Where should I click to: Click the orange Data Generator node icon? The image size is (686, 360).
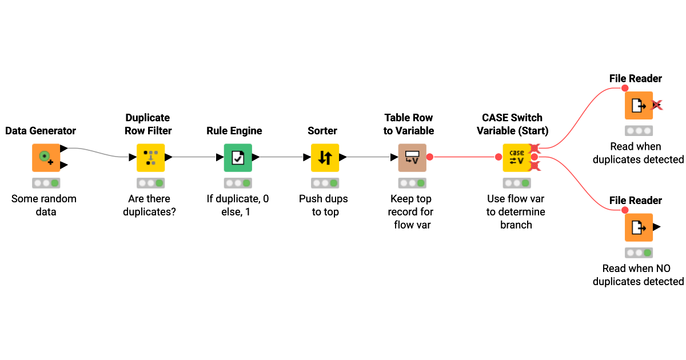(45, 157)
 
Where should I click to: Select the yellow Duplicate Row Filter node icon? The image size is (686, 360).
(150, 157)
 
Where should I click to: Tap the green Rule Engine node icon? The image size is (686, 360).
(237, 157)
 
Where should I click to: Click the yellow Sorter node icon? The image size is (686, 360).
(325, 157)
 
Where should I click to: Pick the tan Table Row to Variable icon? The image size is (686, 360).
(412, 157)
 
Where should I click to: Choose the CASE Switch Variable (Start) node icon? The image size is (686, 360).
(517, 157)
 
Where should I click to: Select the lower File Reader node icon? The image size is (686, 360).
(638, 227)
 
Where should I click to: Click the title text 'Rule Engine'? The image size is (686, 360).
(234, 131)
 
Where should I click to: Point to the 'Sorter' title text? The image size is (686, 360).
(322, 131)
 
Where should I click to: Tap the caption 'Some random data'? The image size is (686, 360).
(44, 205)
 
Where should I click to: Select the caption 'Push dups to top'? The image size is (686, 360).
(324, 205)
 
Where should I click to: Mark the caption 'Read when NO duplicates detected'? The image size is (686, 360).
(638, 274)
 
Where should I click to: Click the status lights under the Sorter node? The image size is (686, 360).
(325, 183)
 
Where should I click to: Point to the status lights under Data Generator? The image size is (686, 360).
(46, 183)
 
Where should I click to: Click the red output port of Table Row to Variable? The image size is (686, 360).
(429, 157)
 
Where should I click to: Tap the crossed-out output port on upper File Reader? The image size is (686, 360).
(657, 105)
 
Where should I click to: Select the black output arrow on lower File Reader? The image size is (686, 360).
(656, 227)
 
